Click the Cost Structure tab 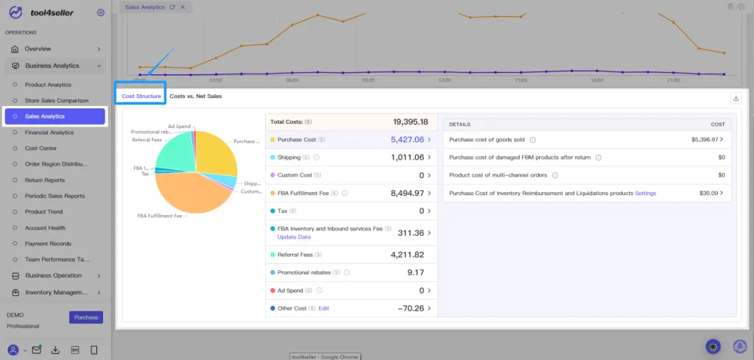[141, 96]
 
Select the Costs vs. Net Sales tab [195, 96]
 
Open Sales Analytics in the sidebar [45, 116]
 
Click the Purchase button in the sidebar [86, 317]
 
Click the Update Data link [294, 237]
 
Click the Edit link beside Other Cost [323, 308]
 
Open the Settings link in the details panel [645, 193]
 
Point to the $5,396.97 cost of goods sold [704, 139]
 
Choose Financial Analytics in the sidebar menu [49, 133]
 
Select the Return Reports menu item [45, 180]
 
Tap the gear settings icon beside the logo [100, 13]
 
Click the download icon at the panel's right [735, 98]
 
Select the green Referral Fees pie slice [174, 151]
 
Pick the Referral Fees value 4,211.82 [407, 255]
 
